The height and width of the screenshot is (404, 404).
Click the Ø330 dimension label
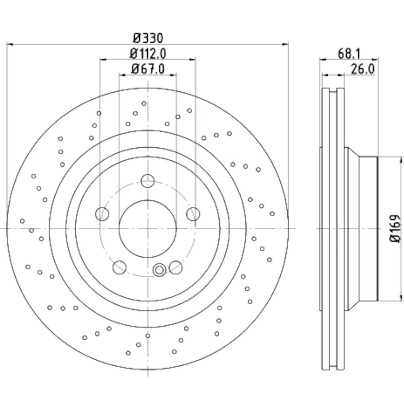click(147, 38)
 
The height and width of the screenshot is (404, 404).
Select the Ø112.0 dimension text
click(148, 53)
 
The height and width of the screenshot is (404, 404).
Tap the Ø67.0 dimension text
click(147, 69)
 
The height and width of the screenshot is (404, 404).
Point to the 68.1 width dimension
click(349, 53)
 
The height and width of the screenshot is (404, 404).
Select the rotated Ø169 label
click(394, 229)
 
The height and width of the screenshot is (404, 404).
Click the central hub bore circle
click(147, 229)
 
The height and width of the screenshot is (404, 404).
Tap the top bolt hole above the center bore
click(147, 181)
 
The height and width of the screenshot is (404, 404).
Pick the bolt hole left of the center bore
click(103, 214)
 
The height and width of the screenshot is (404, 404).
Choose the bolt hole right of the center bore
click(193, 214)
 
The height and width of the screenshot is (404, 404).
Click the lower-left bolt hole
click(120, 267)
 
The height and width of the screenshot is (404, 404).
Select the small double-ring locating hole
click(159, 270)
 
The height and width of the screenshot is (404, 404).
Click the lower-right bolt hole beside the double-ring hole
click(175, 267)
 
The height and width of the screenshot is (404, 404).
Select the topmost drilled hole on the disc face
click(144, 103)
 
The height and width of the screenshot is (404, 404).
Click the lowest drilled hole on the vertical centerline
click(147, 335)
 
